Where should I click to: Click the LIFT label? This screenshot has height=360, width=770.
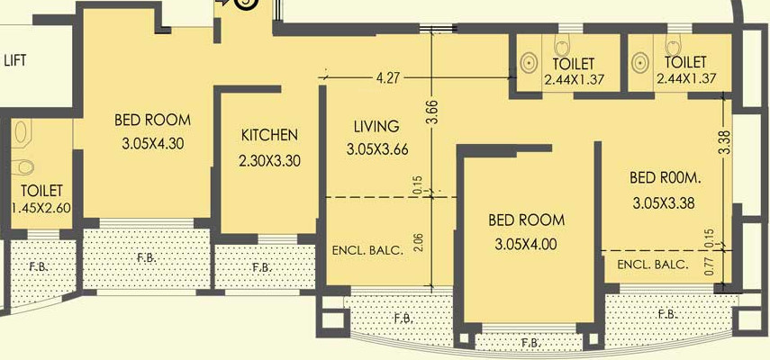point(14,61)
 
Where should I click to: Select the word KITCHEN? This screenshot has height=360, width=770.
point(269,136)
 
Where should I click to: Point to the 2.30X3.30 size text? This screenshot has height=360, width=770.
point(269,161)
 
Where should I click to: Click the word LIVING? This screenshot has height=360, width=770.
point(376,126)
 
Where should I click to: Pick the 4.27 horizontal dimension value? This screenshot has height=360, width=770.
point(387,79)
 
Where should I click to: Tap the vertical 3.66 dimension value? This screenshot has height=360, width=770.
point(432,112)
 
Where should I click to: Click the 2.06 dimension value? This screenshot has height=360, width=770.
point(417,241)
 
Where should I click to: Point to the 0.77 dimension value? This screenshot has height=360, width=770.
point(709,267)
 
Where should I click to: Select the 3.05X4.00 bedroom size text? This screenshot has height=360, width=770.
point(527,244)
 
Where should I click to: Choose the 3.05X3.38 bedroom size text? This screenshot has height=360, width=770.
point(664,202)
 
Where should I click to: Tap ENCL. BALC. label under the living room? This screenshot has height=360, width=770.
point(367,249)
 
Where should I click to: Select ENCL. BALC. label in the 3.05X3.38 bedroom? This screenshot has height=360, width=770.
point(653,265)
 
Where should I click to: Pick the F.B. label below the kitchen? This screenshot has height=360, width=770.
point(262,267)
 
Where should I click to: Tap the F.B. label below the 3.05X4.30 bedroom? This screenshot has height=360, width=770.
point(146,258)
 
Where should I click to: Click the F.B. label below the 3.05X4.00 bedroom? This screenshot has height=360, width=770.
point(531,343)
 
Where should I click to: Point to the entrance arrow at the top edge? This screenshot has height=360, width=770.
point(222,4)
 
